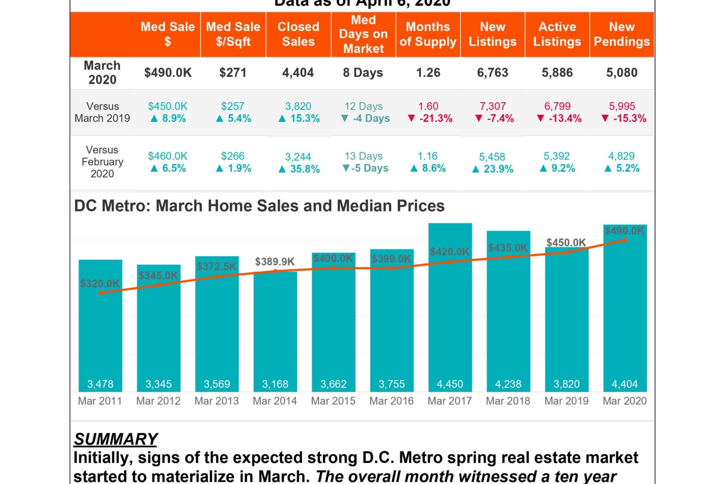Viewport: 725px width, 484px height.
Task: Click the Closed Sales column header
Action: pyautogui.click(x=298, y=34)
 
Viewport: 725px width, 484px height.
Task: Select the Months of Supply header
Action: pyautogui.click(x=428, y=34)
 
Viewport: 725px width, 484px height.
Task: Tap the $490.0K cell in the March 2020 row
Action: pyautogui.click(x=168, y=73)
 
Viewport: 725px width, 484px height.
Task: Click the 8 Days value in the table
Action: pyautogui.click(x=363, y=73)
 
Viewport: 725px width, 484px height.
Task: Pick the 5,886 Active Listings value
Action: pyautogui.click(x=557, y=73)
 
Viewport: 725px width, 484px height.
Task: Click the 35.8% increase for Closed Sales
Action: pyautogui.click(x=299, y=169)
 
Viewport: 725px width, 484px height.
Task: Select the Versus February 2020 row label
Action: pyautogui.click(x=102, y=162)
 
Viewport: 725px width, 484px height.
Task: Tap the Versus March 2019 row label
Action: pyautogui.click(x=102, y=112)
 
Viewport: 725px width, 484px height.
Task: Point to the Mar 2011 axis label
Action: pyautogui.click(x=100, y=401)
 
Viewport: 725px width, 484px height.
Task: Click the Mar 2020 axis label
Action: pyautogui.click(x=624, y=401)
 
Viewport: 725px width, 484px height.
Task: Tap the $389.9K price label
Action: pyautogui.click(x=275, y=262)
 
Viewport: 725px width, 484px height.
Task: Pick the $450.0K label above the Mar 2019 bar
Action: pyautogui.click(x=566, y=242)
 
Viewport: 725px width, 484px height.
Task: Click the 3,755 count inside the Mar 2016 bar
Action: pyautogui.click(x=391, y=384)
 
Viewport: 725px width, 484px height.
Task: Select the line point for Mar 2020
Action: pyautogui.click(x=625, y=240)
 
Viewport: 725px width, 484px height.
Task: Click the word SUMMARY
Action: pyautogui.click(x=116, y=439)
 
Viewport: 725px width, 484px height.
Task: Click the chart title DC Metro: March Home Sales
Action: pyautogui.click(x=259, y=206)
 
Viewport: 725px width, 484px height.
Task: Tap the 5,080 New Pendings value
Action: pyautogui.click(x=622, y=73)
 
